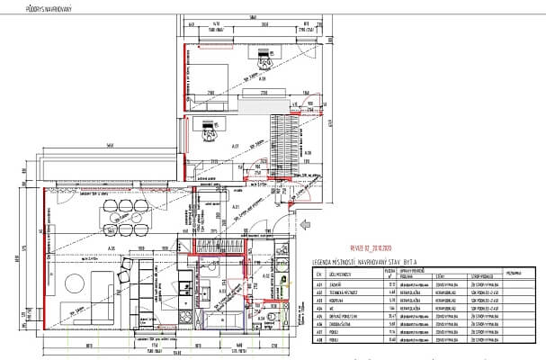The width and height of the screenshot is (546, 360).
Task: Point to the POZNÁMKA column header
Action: [x=513, y=270]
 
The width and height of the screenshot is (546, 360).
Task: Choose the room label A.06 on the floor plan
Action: [x=113, y=247]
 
